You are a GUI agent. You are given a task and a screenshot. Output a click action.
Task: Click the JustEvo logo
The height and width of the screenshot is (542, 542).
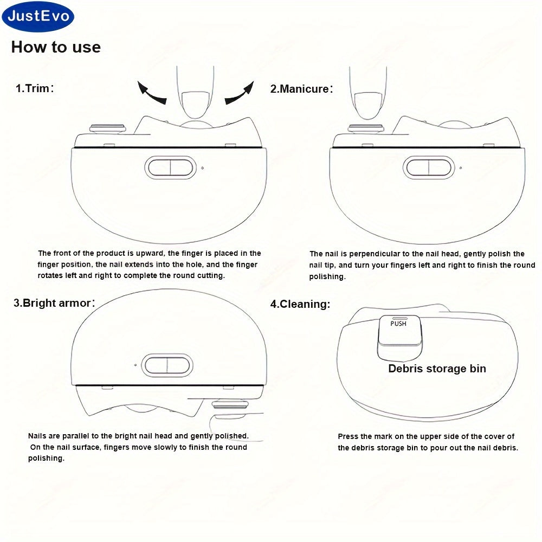click(38, 16)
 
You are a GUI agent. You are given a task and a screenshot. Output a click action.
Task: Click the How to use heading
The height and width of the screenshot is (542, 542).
click(56, 47)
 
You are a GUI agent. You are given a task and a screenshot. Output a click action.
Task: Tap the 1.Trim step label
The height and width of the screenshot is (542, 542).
click(35, 88)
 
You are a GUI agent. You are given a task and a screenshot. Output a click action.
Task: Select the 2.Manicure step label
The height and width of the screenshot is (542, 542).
click(301, 89)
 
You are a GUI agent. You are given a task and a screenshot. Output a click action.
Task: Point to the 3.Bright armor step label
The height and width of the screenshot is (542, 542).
click(54, 303)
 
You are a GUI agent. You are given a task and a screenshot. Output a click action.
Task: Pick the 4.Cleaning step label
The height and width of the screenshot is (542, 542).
click(300, 304)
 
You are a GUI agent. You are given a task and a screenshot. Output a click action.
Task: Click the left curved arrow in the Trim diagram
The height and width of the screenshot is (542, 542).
click(151, 93)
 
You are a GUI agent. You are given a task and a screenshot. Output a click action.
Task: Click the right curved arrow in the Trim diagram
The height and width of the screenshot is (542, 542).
click(240, 93)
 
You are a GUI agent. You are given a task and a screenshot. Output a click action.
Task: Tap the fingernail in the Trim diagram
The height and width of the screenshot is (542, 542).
click(196, 105)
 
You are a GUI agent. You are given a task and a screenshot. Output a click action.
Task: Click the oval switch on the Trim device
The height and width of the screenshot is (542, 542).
click(170, 168)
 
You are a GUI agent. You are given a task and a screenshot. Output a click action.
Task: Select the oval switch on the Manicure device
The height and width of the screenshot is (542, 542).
click(429, 168)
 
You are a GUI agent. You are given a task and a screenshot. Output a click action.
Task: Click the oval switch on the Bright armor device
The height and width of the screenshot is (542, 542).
click(167, 365)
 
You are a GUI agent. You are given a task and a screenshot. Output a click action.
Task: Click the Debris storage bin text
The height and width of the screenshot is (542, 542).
click(437, 369)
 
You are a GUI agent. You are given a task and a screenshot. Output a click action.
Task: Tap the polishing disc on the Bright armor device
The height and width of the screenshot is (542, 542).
click(230, 404)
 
